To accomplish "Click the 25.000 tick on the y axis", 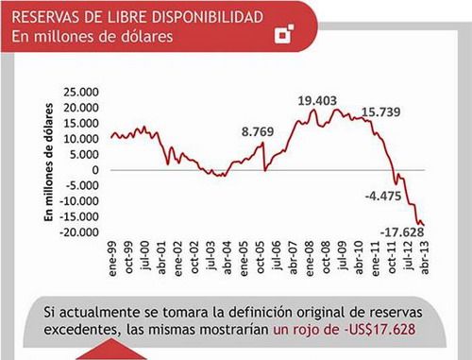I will click(80, 93).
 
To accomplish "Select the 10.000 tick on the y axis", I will click(80, 139).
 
